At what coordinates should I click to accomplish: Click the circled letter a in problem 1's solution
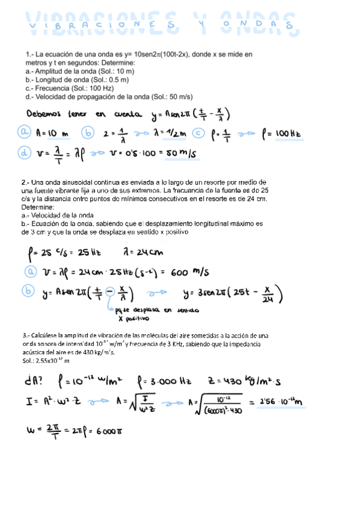[25, 132]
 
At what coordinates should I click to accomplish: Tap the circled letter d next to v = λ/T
[25, 153]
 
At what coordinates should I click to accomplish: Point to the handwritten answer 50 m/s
[183, 154]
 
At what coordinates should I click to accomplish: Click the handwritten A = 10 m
[54, 132]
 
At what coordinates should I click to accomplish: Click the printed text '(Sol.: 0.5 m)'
[109, 79]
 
